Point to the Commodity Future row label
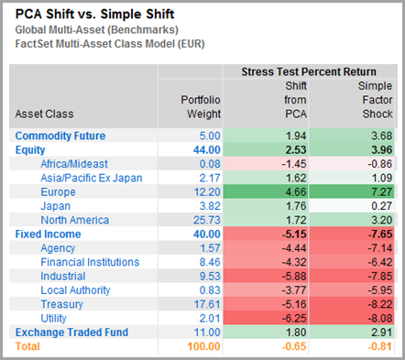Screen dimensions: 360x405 click(59, 136)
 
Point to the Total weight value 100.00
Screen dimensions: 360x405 click(202, 346)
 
